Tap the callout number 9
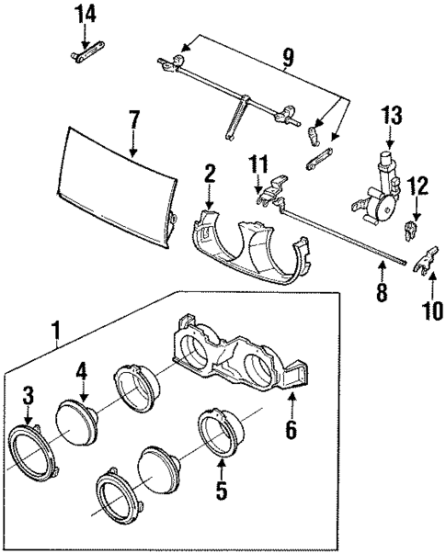pos(288,59)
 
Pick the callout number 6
pos(291,428)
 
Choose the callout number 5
pos(221,491)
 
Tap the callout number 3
pos(28,396)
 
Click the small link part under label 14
pos(84,54)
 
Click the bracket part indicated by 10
pos(422,265)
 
